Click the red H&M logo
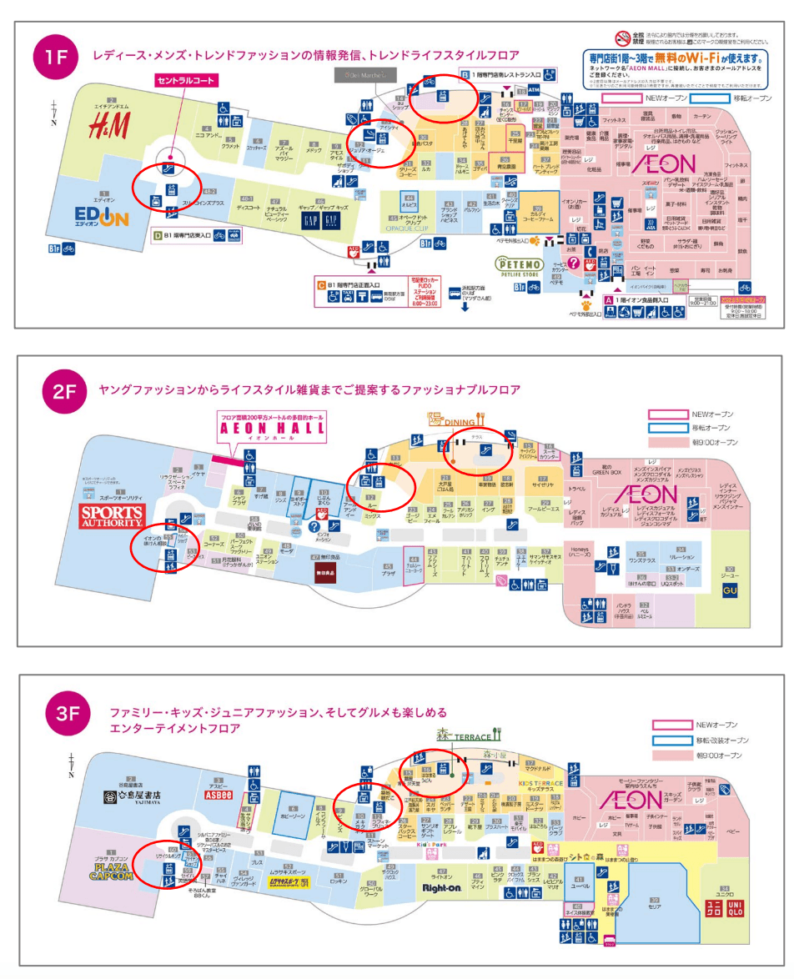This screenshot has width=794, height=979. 109,127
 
